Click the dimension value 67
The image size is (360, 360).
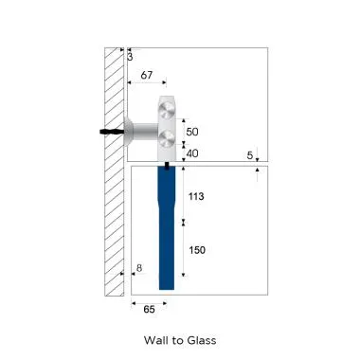147,75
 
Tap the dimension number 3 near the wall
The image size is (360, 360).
130,57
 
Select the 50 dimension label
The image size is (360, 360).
192,132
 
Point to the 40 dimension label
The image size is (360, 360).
192,153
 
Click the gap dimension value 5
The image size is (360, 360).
250,155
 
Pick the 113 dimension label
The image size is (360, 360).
196,196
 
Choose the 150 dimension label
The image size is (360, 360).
197,250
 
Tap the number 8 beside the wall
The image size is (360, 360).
139,268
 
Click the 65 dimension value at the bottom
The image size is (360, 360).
149,309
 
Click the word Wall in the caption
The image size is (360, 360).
156,340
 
